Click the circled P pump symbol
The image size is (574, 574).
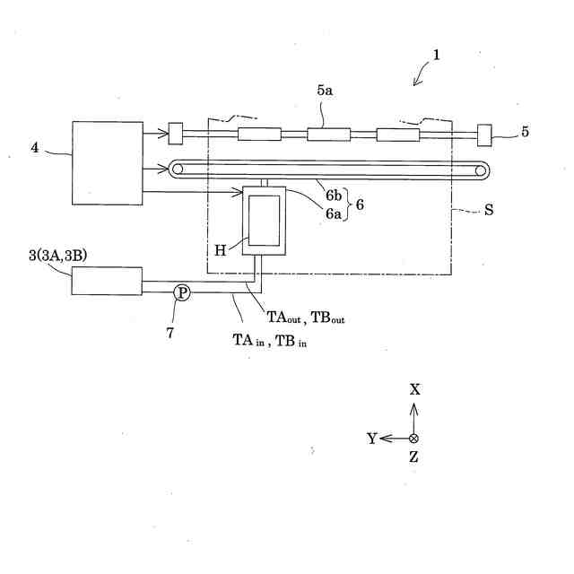pos(182,293)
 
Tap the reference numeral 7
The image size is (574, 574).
pos(170,333)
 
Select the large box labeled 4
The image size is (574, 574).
pos(108,163)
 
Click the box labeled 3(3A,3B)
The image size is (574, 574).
pos(107,281)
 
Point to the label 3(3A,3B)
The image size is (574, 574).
pos(58,256)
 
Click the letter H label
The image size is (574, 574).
pos(221,251)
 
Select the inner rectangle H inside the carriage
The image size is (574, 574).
pos(265,221)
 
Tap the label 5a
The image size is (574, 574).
pos(325,91)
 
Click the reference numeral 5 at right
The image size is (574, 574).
pos(525,132)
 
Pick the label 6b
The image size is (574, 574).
pos(334,196)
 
